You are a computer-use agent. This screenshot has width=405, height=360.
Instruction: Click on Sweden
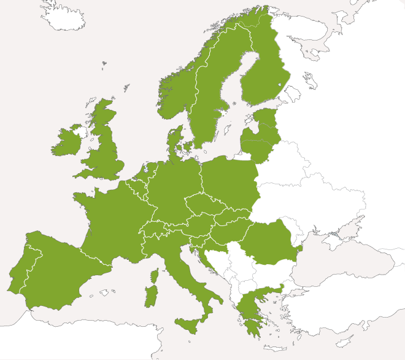point(212,98)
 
